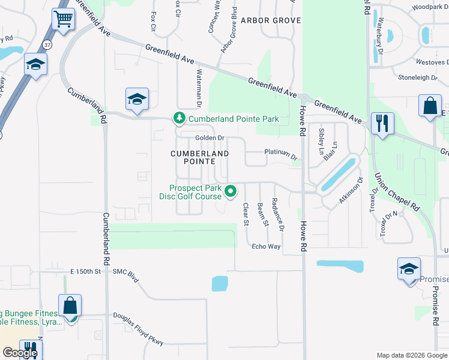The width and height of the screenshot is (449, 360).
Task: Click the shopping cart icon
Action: point(63,19)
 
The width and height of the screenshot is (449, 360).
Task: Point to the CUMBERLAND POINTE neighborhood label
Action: point(200,158)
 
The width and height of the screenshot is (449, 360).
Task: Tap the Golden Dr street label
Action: point(209,138)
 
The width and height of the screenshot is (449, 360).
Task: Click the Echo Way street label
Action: point(266,247)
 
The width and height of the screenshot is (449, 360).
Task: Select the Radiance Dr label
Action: point(277,214)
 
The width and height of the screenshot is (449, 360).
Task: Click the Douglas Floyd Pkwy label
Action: point(139,331)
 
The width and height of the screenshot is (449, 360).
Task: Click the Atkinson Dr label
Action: point(351,190)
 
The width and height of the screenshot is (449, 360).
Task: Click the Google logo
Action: point(20,353)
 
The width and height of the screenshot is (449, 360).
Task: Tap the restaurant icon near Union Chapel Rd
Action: point(382,124)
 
